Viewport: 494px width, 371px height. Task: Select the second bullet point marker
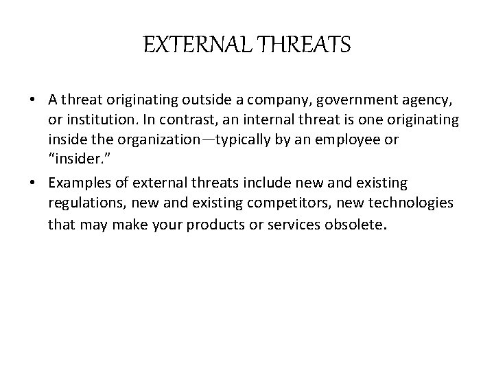click(33, 183)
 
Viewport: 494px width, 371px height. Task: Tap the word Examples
click(77, 183)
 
